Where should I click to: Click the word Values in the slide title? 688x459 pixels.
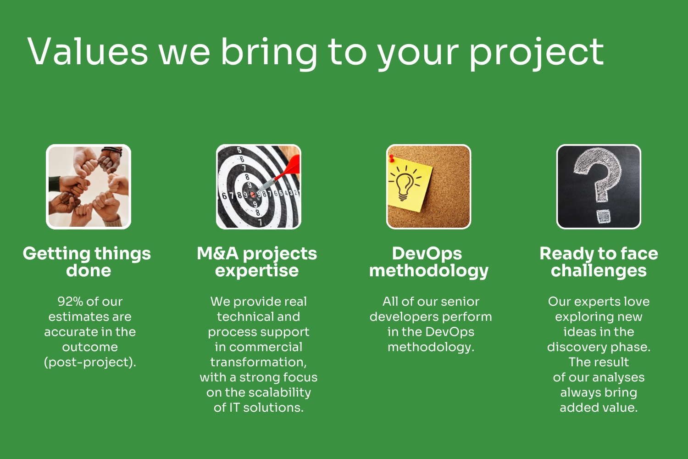pos(88,51)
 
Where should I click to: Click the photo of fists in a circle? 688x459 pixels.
pos(89,187)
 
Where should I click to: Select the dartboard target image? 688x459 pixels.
pos(259,187)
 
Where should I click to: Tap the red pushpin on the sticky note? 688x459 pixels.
pos(391,159)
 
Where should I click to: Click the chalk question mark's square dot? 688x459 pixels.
pos(604,217)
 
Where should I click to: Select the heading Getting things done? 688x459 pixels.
pos(87,262)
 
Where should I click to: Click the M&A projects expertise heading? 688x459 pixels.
pos(257,262)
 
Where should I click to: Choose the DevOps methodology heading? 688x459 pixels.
pos(429,262)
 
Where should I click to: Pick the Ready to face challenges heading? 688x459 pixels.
pos(599,262)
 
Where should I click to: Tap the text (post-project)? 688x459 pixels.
pos(90,363)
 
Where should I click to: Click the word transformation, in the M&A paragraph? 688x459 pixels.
pos(259,363)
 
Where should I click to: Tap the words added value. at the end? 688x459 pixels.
pos(599,408)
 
